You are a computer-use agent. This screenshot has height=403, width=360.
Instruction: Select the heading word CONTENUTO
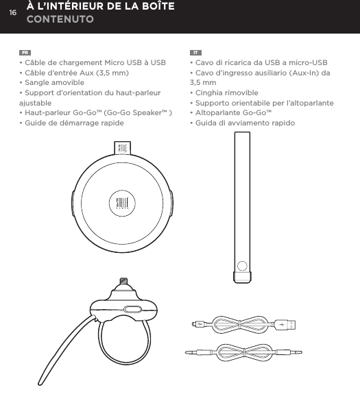click(60, 21)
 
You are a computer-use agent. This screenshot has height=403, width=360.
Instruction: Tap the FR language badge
click(25, 52)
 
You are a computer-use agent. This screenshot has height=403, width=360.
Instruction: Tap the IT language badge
click(195, 52)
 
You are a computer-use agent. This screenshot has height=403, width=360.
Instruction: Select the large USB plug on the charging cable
click(291, 324)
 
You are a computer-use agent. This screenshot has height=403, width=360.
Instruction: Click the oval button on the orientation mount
click(131, 308)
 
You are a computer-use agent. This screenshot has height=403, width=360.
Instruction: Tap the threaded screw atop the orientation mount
click(124, 282)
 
